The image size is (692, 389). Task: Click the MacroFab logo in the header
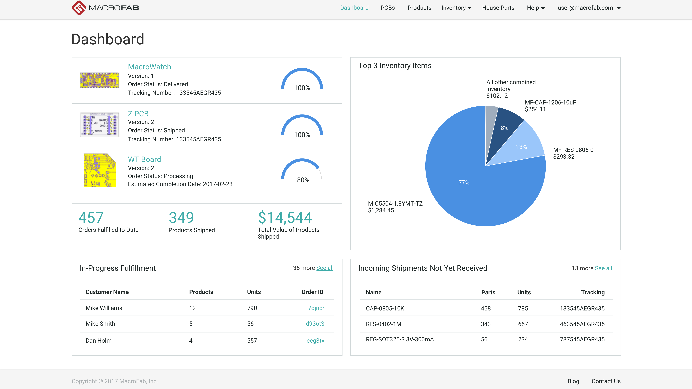click(x=105, y=8)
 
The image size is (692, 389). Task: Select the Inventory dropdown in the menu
click(x=456, y=8)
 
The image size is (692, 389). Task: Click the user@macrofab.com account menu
click(x=589, y=8)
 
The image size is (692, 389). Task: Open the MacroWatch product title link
click(x=149, y=67)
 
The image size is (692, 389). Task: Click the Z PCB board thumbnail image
click(x=100, y=124)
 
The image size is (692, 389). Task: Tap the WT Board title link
click(x=144, y=159)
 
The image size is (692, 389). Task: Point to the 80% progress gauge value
click(x=303, y=180)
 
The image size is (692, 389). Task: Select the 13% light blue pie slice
click(x=521, y=147)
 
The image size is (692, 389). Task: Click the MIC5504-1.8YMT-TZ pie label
click(x=395, y=207)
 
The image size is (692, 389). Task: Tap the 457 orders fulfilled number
click(x=91, y=218)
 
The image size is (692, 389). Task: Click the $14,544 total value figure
click(x=285, y=218)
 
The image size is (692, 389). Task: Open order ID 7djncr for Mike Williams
click(x=316, y=308)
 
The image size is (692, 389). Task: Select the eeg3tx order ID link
click(x=315, y=341)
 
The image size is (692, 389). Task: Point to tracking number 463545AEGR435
click(x=582, y=324)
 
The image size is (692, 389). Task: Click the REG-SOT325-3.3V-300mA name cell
click(x=399, y=339)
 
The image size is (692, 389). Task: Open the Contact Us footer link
click(x=606, y=381)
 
